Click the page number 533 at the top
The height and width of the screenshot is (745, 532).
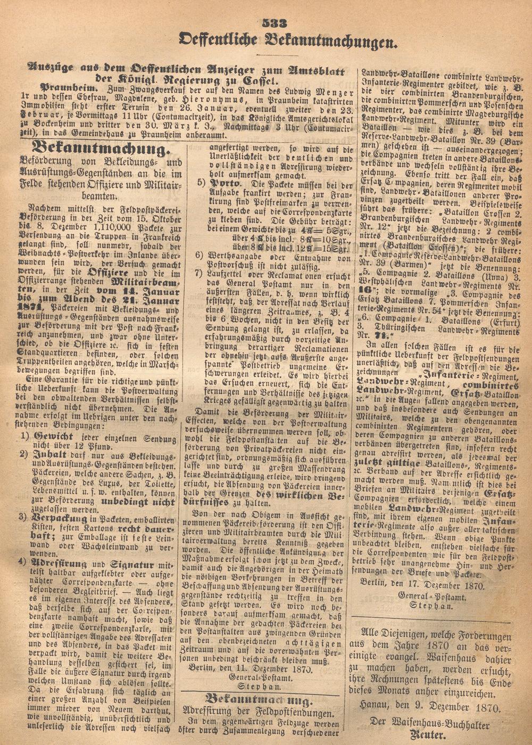coord(276,22)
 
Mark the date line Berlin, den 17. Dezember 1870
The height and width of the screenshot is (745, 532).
coord(422,586)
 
